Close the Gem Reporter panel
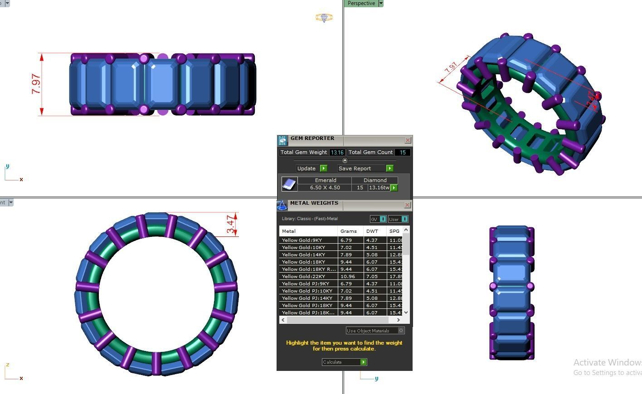[x=408, y=140]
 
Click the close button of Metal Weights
[x=407, y=205]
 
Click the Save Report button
[x=365, y=168]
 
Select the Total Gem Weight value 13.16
[x=337, y=153]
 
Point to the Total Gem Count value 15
[x=402, y=153]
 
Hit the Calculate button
[x=344, y=362]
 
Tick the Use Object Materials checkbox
[x=401, y=331]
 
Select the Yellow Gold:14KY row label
[x=303, y=255]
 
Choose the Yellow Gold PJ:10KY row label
[x=307, y=291]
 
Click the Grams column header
[x=349, y=231]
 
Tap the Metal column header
[x=289, y=231]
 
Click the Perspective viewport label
[x=361, y=3]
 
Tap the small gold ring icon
[x=324, y=18]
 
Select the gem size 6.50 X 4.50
[x=325, y=187]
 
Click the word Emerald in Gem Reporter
[x=326, y=180]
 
